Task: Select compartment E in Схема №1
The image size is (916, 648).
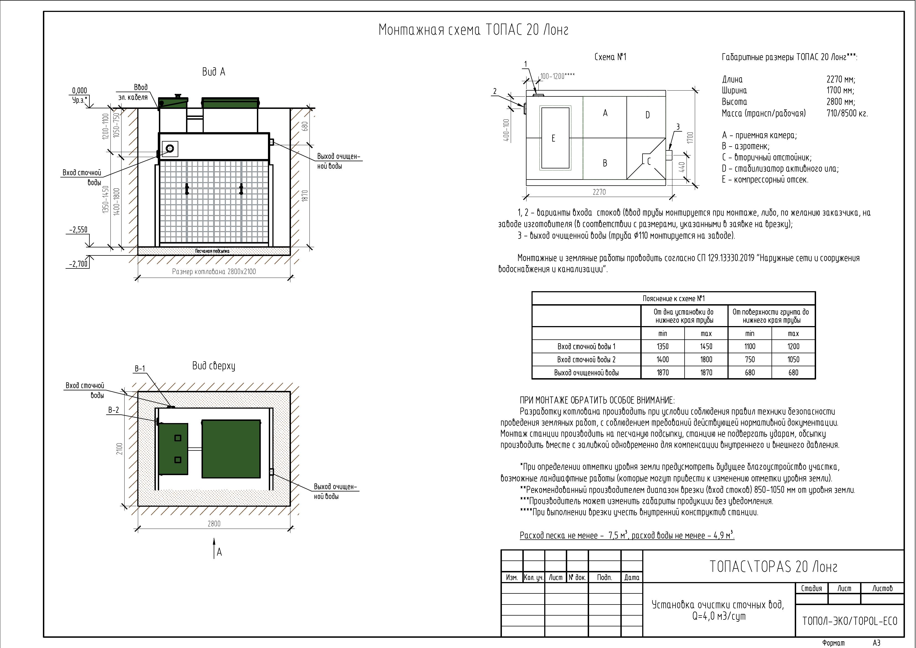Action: pyautogui.click(x=553, y=138)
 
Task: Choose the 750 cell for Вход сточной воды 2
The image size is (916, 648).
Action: pyautogui.click(x=750, y=359)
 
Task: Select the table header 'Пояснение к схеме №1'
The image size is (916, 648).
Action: pyautogui.click(x=674, y=299)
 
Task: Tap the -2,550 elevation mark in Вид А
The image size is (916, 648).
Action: pyautogui.click(x=78, y=230)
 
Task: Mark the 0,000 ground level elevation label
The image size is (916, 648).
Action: pyautogui.click(x=79, y=91)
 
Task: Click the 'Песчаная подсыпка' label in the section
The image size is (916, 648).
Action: pyautogui.click(x=212, y=251)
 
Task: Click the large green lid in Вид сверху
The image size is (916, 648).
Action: pyautogui.click(x=231, y=448)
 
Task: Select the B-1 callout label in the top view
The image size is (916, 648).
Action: pyautogui.click(x=140, y=368)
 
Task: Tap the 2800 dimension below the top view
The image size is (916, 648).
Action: pyautogui.click(x=214, y=523)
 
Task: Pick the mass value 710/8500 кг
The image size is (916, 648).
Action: pyautogui.click(x=847, y=113)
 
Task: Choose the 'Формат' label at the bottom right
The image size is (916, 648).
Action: pyautogui.click(x=834, y=643)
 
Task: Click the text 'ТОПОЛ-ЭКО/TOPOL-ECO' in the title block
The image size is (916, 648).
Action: pyautogui.click(x=849, y=621)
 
